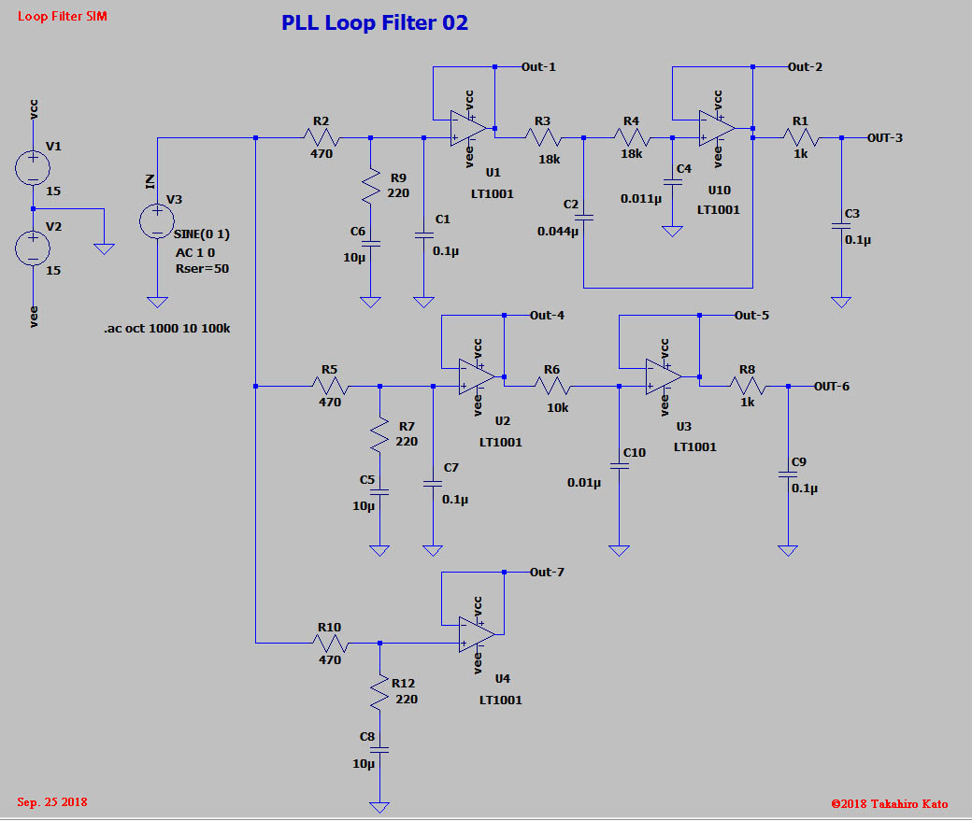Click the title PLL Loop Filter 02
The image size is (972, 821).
click(375, 23)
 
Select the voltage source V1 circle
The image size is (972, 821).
click(33, 167)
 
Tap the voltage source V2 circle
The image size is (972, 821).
click(33, 248)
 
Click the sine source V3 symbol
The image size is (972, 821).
click(157, 221)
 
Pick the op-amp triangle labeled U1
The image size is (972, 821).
click(468, 128)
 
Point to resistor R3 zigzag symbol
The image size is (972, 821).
click(542, 137)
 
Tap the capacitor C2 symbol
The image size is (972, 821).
click(583, 217)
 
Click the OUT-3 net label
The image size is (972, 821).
click(884, 138)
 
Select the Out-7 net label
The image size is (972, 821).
click(547, 572)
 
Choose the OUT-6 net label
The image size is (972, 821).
click(831, 387)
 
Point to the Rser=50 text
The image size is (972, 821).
click(202, 268)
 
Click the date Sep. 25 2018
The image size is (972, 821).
click(52, 802)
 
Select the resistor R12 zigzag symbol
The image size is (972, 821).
click(379, 692)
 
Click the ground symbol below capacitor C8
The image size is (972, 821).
click(379, 806)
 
